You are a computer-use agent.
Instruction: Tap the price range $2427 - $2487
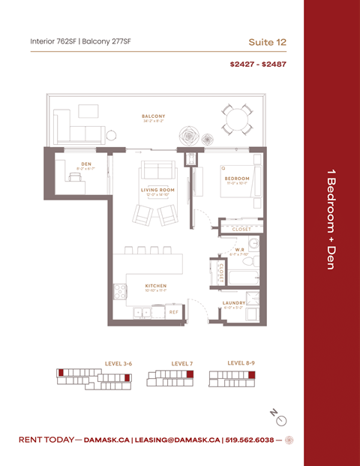coord(258,64)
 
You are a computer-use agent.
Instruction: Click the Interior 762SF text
coord(56,41)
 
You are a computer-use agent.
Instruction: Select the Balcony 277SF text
coord(113,41)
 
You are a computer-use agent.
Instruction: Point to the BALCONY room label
coord(153,116)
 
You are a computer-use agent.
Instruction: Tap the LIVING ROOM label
coord(157,190)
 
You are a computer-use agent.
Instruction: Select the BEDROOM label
coord(236,178)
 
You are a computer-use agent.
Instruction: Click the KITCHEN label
coord(156,285)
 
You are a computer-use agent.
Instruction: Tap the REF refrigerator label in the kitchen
coord(173,311)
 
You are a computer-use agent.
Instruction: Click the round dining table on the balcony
coord(238,119)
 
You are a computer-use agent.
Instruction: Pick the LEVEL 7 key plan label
coord(181,363)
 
